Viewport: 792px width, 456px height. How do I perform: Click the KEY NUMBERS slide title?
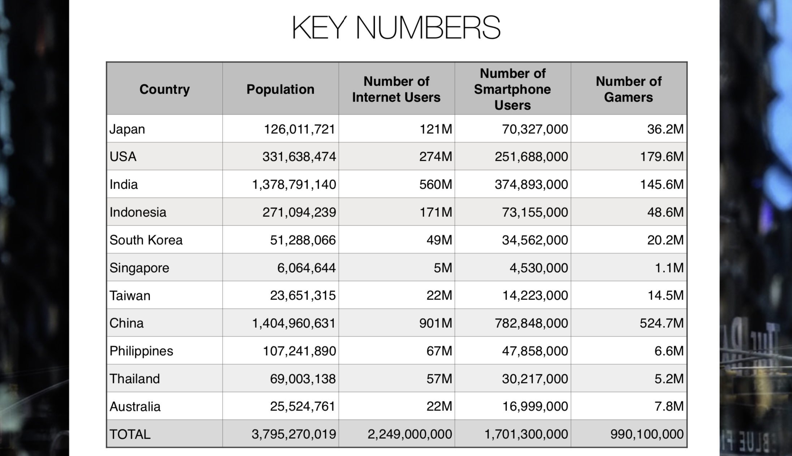(x=396, y=28)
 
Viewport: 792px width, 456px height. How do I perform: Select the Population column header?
(x=280, y=89)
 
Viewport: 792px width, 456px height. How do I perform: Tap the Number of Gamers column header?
(x=629, y=89)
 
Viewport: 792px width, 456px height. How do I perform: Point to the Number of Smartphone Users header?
(x=512, y=89)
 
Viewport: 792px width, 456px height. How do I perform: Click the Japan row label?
(x=127, y=129)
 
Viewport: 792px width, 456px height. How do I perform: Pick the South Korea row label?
(x=146, y=240)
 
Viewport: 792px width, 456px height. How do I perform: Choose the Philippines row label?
(x=141, y=351)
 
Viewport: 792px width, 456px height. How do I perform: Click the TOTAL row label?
(x=130, y=434)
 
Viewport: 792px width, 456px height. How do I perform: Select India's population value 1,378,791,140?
(x=294, y=185)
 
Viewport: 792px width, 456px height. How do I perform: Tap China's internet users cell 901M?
(x=435, y=323)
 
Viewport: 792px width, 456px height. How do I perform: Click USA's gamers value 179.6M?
(x=662, y=156)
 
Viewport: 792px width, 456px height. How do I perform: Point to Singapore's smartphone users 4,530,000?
(x=539, y=268)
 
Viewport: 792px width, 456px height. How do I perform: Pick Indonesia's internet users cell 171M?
(x=435, y=212)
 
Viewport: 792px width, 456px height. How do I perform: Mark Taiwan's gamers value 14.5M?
(x=666, y=296)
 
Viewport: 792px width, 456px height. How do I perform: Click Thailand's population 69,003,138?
(x=303, y=379)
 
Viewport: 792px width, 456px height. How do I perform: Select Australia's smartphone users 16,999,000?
(x=535, y=406)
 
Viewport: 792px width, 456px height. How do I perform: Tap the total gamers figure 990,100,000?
(x=647, y=434)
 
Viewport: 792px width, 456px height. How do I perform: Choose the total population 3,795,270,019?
(x=294, y=434)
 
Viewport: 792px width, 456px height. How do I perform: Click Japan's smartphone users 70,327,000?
(x=535, y=129)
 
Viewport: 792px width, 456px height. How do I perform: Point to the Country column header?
(x=164, y=89)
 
